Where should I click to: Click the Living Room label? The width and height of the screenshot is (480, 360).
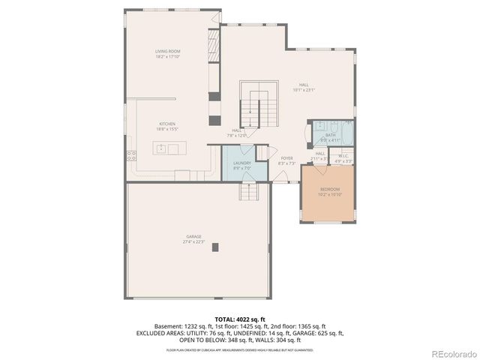[168, 51]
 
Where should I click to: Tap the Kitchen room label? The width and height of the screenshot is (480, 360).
[168, 124]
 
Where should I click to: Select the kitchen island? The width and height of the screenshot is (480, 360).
[167, 148]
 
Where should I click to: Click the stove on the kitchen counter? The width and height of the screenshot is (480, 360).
[131, 156]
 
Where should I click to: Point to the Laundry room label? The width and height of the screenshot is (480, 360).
[241, 163]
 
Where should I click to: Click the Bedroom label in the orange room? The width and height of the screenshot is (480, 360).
[331, 189]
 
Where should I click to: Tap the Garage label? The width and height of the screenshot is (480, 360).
[193, 236]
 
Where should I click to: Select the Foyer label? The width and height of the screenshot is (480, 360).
[286, 158]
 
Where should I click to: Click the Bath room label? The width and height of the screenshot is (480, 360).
[330, 135]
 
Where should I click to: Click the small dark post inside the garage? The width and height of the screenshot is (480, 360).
[215, 247]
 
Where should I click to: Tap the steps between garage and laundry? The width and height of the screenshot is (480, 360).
[249, 193]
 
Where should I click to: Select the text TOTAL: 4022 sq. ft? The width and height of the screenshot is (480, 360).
[240, 319]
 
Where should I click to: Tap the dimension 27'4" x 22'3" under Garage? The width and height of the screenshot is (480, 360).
[193, 241]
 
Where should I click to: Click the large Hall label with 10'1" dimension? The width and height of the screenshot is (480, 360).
[304, 85]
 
